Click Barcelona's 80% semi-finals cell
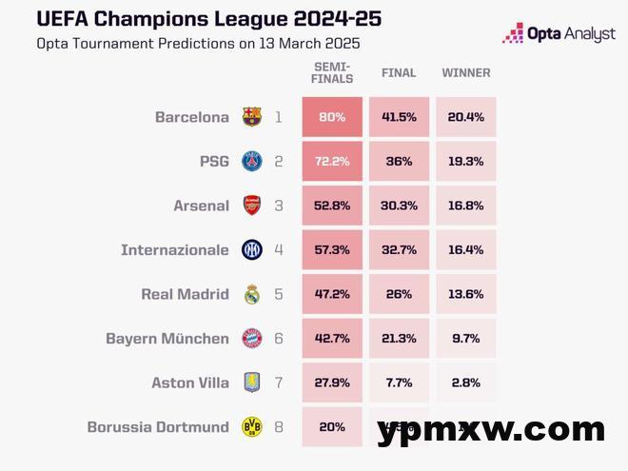tap(332, 118)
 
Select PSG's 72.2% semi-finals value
tap(332, 162)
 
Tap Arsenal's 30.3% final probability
tap(399, 206)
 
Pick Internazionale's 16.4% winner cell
tap(465, 250)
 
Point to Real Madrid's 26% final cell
tap(399, 294)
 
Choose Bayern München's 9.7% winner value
tap(465, 339)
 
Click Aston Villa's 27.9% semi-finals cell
tap(332, 383)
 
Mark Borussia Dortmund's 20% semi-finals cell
tap(332, 427)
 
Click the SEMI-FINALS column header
tap(332, 72)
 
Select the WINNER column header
tap(465, 73)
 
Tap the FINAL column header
tap(399, 73)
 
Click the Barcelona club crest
tap(251, 118)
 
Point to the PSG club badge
tap(251, 162)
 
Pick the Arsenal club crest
tap(251, 206)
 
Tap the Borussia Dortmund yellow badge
tap(251, 427)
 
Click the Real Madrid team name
tap(185, 294)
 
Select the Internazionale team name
tap(175, 250)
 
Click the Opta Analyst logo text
tap(571, 34)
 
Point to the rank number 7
tap(279, 383)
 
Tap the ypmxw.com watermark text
tap(490, 430)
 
